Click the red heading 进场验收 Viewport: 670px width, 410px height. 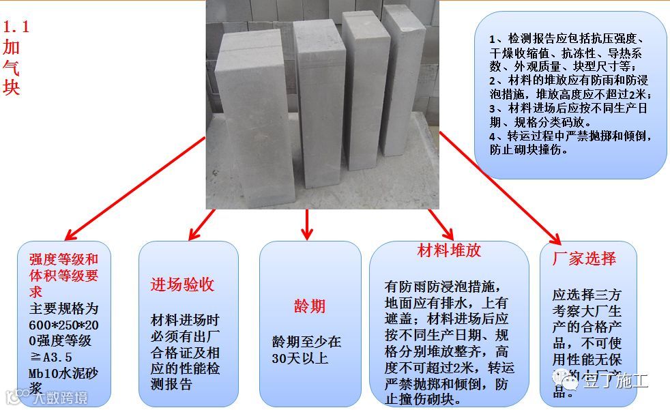181,284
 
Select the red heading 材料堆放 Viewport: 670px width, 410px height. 449,250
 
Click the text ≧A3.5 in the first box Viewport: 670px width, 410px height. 51,357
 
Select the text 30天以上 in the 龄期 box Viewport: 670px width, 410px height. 300,358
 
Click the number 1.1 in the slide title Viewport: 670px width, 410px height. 16,28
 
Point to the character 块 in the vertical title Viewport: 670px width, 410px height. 12,88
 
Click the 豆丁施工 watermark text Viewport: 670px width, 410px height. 609,380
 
